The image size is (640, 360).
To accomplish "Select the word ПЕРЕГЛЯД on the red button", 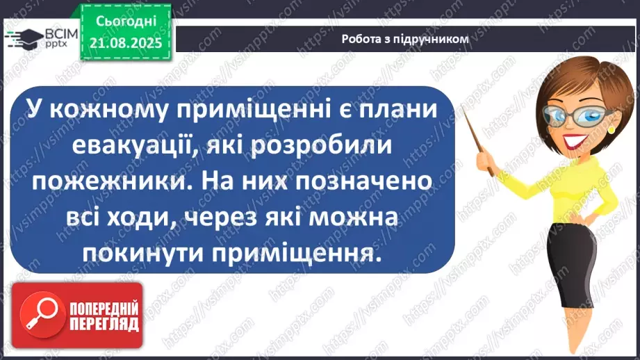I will [103, 324].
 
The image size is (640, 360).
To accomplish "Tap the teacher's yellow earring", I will [611, 129].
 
